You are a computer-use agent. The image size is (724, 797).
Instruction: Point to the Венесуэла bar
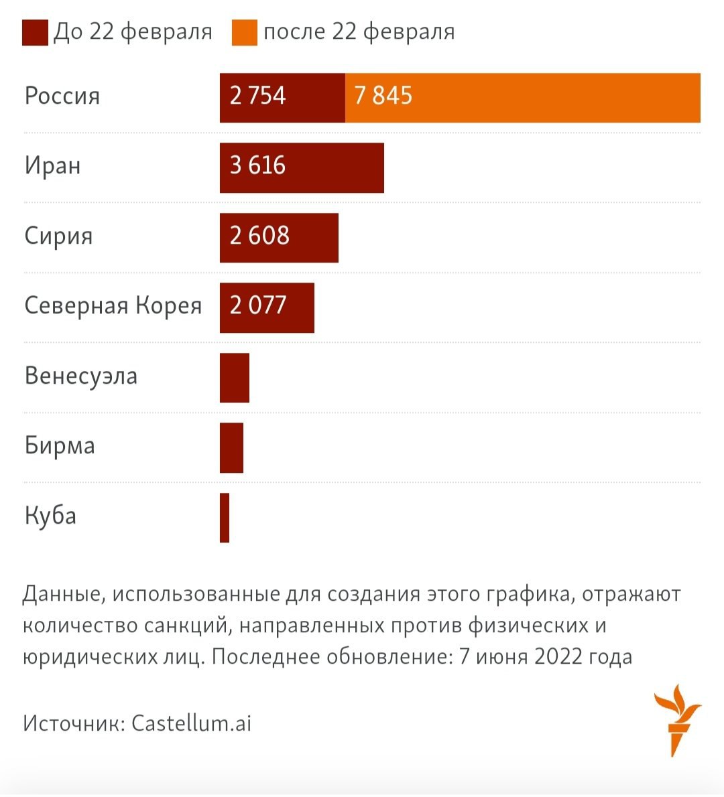(235, 378)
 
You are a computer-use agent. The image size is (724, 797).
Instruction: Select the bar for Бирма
(231, 447)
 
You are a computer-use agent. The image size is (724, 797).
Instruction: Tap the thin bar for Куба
(225, 518)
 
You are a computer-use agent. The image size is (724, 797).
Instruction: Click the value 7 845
(383, 96)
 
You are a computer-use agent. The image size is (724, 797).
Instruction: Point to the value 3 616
(257, 165)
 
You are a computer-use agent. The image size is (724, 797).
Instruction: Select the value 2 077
(257, 305)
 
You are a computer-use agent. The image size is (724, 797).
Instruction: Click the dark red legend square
(35, 33)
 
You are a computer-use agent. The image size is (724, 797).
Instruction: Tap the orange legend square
(245, 33)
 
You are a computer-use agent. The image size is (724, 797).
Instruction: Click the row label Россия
(62, 96)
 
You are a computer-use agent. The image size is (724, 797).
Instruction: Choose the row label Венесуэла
(81, 376)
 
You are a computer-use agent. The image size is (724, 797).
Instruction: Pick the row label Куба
(50, 516)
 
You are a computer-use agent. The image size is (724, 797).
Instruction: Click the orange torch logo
(677, 720)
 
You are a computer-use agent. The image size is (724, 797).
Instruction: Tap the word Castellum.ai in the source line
(191, 723)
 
